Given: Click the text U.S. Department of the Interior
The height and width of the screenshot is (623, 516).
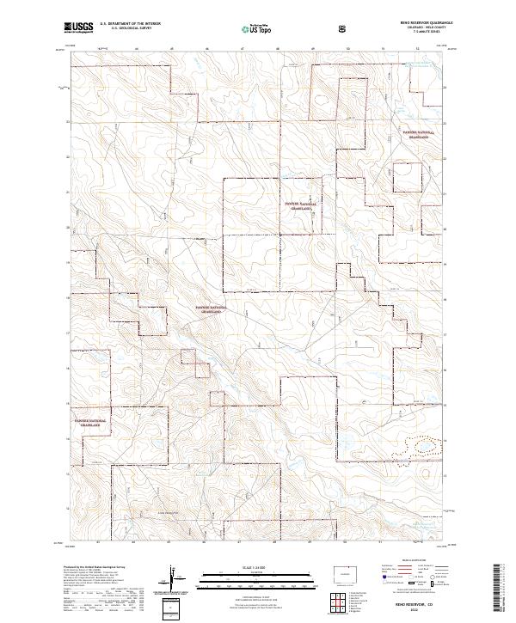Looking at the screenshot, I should pyautogui.click(x=130, y=24).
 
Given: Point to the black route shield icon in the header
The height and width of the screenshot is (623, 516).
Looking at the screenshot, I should pyautogui.click(x=344, y=28).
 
